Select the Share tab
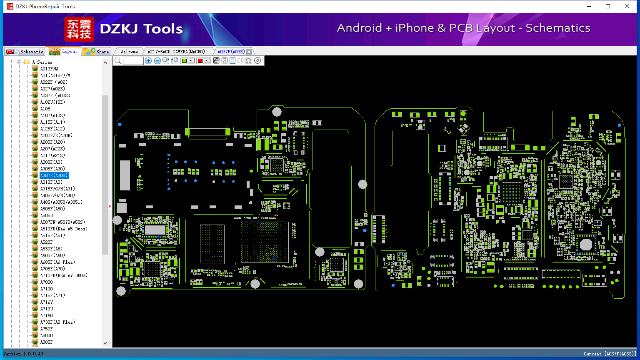pos(96,52)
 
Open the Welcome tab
pos(129,52)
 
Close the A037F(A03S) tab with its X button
pos(249,52)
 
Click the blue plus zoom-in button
pos(148,61)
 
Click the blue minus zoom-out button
pos(157,61)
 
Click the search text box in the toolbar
pos(133,61)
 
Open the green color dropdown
pos(191,61)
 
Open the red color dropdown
pos(206,61)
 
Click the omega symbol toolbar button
pos(249,61)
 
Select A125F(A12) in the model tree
pos(52,129)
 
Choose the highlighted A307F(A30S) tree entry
pos(54,175)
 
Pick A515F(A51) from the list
pos(52,235)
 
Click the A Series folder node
pos(42,62)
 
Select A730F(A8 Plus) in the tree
pos(57,322)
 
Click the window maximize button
pos(608,6)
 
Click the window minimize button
pos(589,6)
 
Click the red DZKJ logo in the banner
pos(79,29)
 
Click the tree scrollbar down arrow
pos(105,343)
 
